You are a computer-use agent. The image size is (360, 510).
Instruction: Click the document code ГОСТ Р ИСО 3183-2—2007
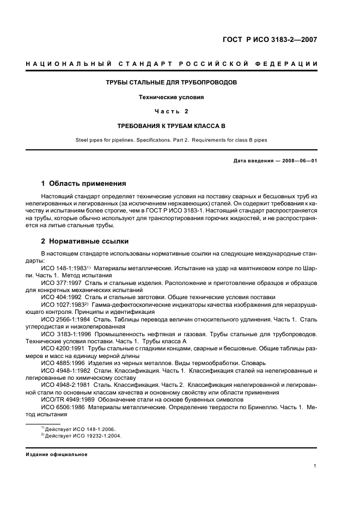270,39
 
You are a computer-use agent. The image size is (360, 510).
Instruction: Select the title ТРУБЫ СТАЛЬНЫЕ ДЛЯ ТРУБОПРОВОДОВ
171,83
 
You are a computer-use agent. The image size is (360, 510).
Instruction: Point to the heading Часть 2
171,111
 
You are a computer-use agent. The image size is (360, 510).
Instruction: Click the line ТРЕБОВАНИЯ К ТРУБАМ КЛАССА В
171,125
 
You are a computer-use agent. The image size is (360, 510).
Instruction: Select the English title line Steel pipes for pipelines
171,139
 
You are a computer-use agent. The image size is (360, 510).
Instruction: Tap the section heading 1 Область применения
84,183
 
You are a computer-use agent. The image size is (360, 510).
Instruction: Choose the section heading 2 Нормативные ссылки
85,241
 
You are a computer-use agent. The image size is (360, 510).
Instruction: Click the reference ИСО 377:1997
60,283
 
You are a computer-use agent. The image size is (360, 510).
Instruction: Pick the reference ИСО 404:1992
60,297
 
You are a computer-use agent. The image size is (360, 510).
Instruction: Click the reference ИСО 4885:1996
60,363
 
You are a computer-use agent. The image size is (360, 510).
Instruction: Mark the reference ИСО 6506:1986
60,407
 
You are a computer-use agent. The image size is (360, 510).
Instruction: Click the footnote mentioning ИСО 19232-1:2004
82,436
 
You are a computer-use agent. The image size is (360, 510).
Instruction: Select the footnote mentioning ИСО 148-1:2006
80,429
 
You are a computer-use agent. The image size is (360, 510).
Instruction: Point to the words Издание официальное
57,454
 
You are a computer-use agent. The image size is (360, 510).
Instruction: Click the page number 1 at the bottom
315,466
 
